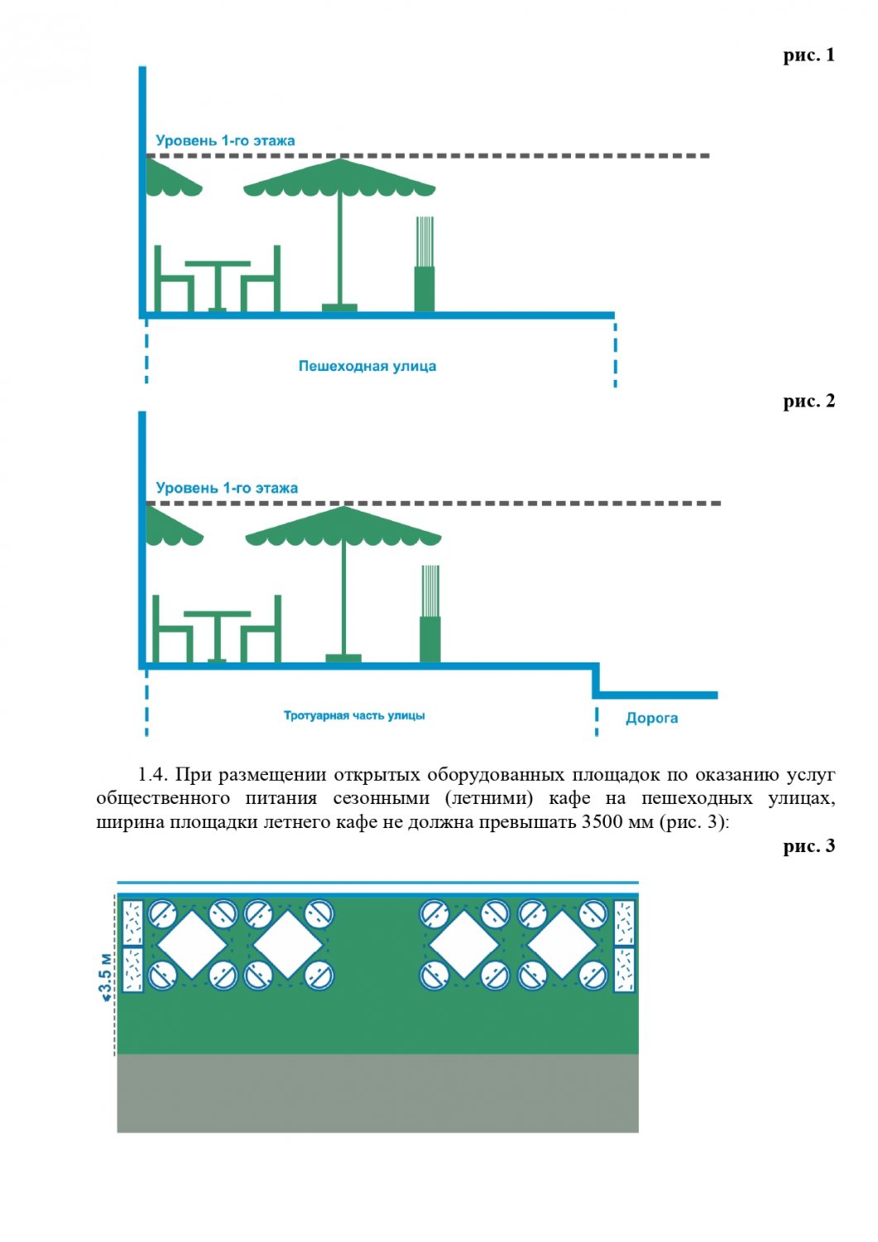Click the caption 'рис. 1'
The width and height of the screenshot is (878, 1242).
tap(808, 55)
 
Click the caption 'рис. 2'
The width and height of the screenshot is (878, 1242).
tap(808, 402)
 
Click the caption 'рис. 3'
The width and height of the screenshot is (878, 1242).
tap(808, 846)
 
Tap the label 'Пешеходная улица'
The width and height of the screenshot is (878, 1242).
tap(367, 366)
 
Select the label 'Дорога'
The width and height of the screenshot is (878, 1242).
tap(651, 718)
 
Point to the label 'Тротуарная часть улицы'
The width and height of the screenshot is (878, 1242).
tap(354, 715)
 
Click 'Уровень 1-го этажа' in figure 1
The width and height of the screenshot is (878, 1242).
tap(225, 141)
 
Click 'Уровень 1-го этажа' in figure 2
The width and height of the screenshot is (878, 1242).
tap(227, 489)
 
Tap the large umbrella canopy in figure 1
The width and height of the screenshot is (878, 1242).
tap(339, 179)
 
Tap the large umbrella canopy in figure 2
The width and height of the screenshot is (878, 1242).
tap(343, 527)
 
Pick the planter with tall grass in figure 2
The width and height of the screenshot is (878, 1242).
tap(429, 617)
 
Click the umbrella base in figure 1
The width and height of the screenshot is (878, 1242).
tap(339, 308)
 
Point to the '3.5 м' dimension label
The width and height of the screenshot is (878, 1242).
tap(106, 977)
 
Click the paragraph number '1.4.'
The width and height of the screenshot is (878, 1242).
tap(153, 775)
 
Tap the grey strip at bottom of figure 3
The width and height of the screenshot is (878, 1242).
tap(377, 1093)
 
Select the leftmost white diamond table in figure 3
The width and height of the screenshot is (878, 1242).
tap(192, 944)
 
